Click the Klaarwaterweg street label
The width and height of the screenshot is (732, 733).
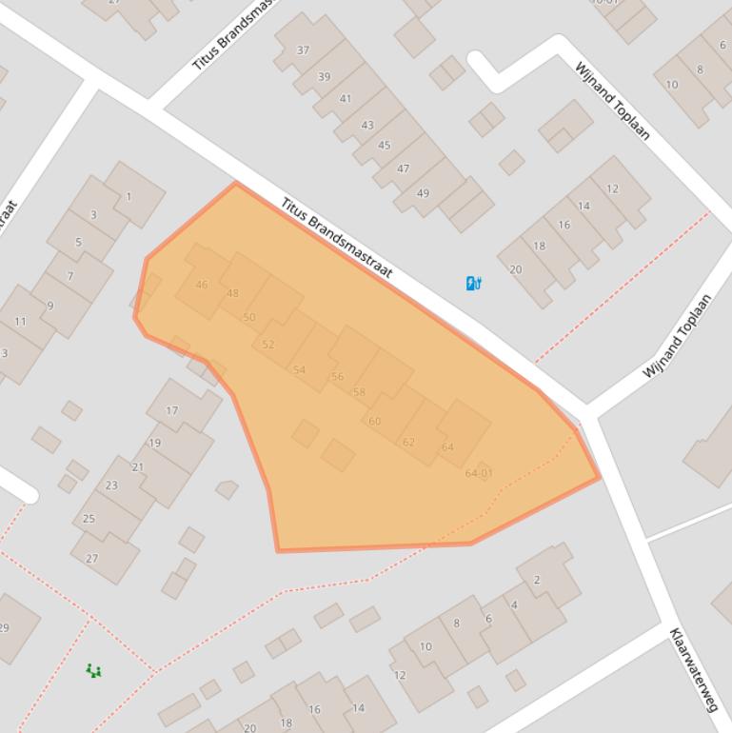click(692, 669)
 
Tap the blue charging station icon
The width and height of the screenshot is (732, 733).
click(473, 283)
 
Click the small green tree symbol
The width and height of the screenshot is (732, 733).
click(93, 671)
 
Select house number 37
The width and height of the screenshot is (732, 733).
click(303, 50)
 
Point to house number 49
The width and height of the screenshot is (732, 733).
click(423, 193)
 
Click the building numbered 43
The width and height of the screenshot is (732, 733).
click(366, 125)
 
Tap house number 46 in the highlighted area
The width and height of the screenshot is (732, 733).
click(201, 285)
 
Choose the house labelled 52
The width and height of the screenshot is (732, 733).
click(267, 345)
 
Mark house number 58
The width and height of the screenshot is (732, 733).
click(359, 392)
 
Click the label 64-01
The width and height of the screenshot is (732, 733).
click(479, 473)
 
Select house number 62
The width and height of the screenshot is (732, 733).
click(408, 442)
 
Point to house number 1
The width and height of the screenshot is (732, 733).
click(129, 197)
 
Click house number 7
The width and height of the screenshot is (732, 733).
click(69, 277)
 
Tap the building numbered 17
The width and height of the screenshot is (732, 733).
click(171, 411)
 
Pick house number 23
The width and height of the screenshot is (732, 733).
click(111, 485)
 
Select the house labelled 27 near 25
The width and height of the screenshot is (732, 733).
click(91, 558)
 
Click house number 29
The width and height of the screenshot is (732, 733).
click(4, 627)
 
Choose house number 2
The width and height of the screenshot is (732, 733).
click(537, 580)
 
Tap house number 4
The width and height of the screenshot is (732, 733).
click(514, 604)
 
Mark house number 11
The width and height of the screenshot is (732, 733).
click(20, 322)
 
